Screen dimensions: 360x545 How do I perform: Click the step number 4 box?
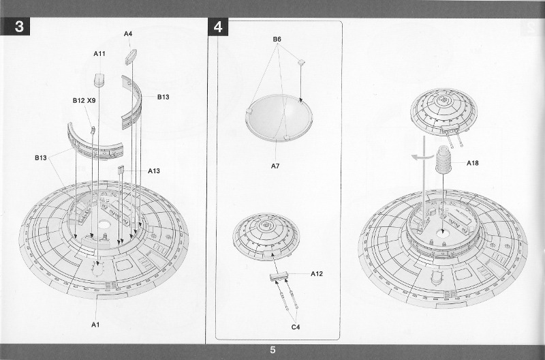click(x=218, y=27)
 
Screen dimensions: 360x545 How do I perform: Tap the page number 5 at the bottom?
click(x=272, y=350)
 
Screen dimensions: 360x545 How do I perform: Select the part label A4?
click(x=128, y=33)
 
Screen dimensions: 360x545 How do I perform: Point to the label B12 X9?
click(x=84, y=100)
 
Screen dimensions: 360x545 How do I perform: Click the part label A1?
click(x=96, y=325)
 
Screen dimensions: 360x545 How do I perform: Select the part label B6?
click(x=277, y=40)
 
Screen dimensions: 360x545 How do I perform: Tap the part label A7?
click(x=275, y=166)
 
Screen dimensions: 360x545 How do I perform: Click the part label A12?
click(x=316, y=274)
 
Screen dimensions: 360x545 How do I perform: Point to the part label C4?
click(x=296, y=327)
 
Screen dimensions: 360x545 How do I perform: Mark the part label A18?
click(x=473, y=163)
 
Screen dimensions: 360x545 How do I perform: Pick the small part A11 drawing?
click(x=99, y=79)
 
